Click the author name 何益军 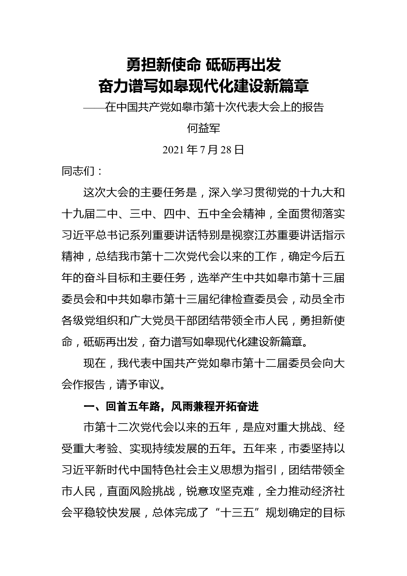(x=203, y=128)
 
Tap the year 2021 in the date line (x=174, y=150)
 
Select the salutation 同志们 (x=78, y=171)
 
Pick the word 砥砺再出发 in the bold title (x=243, y=65)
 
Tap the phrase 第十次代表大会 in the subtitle (x=242, y=107)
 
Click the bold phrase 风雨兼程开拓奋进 (x=215, y=407)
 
